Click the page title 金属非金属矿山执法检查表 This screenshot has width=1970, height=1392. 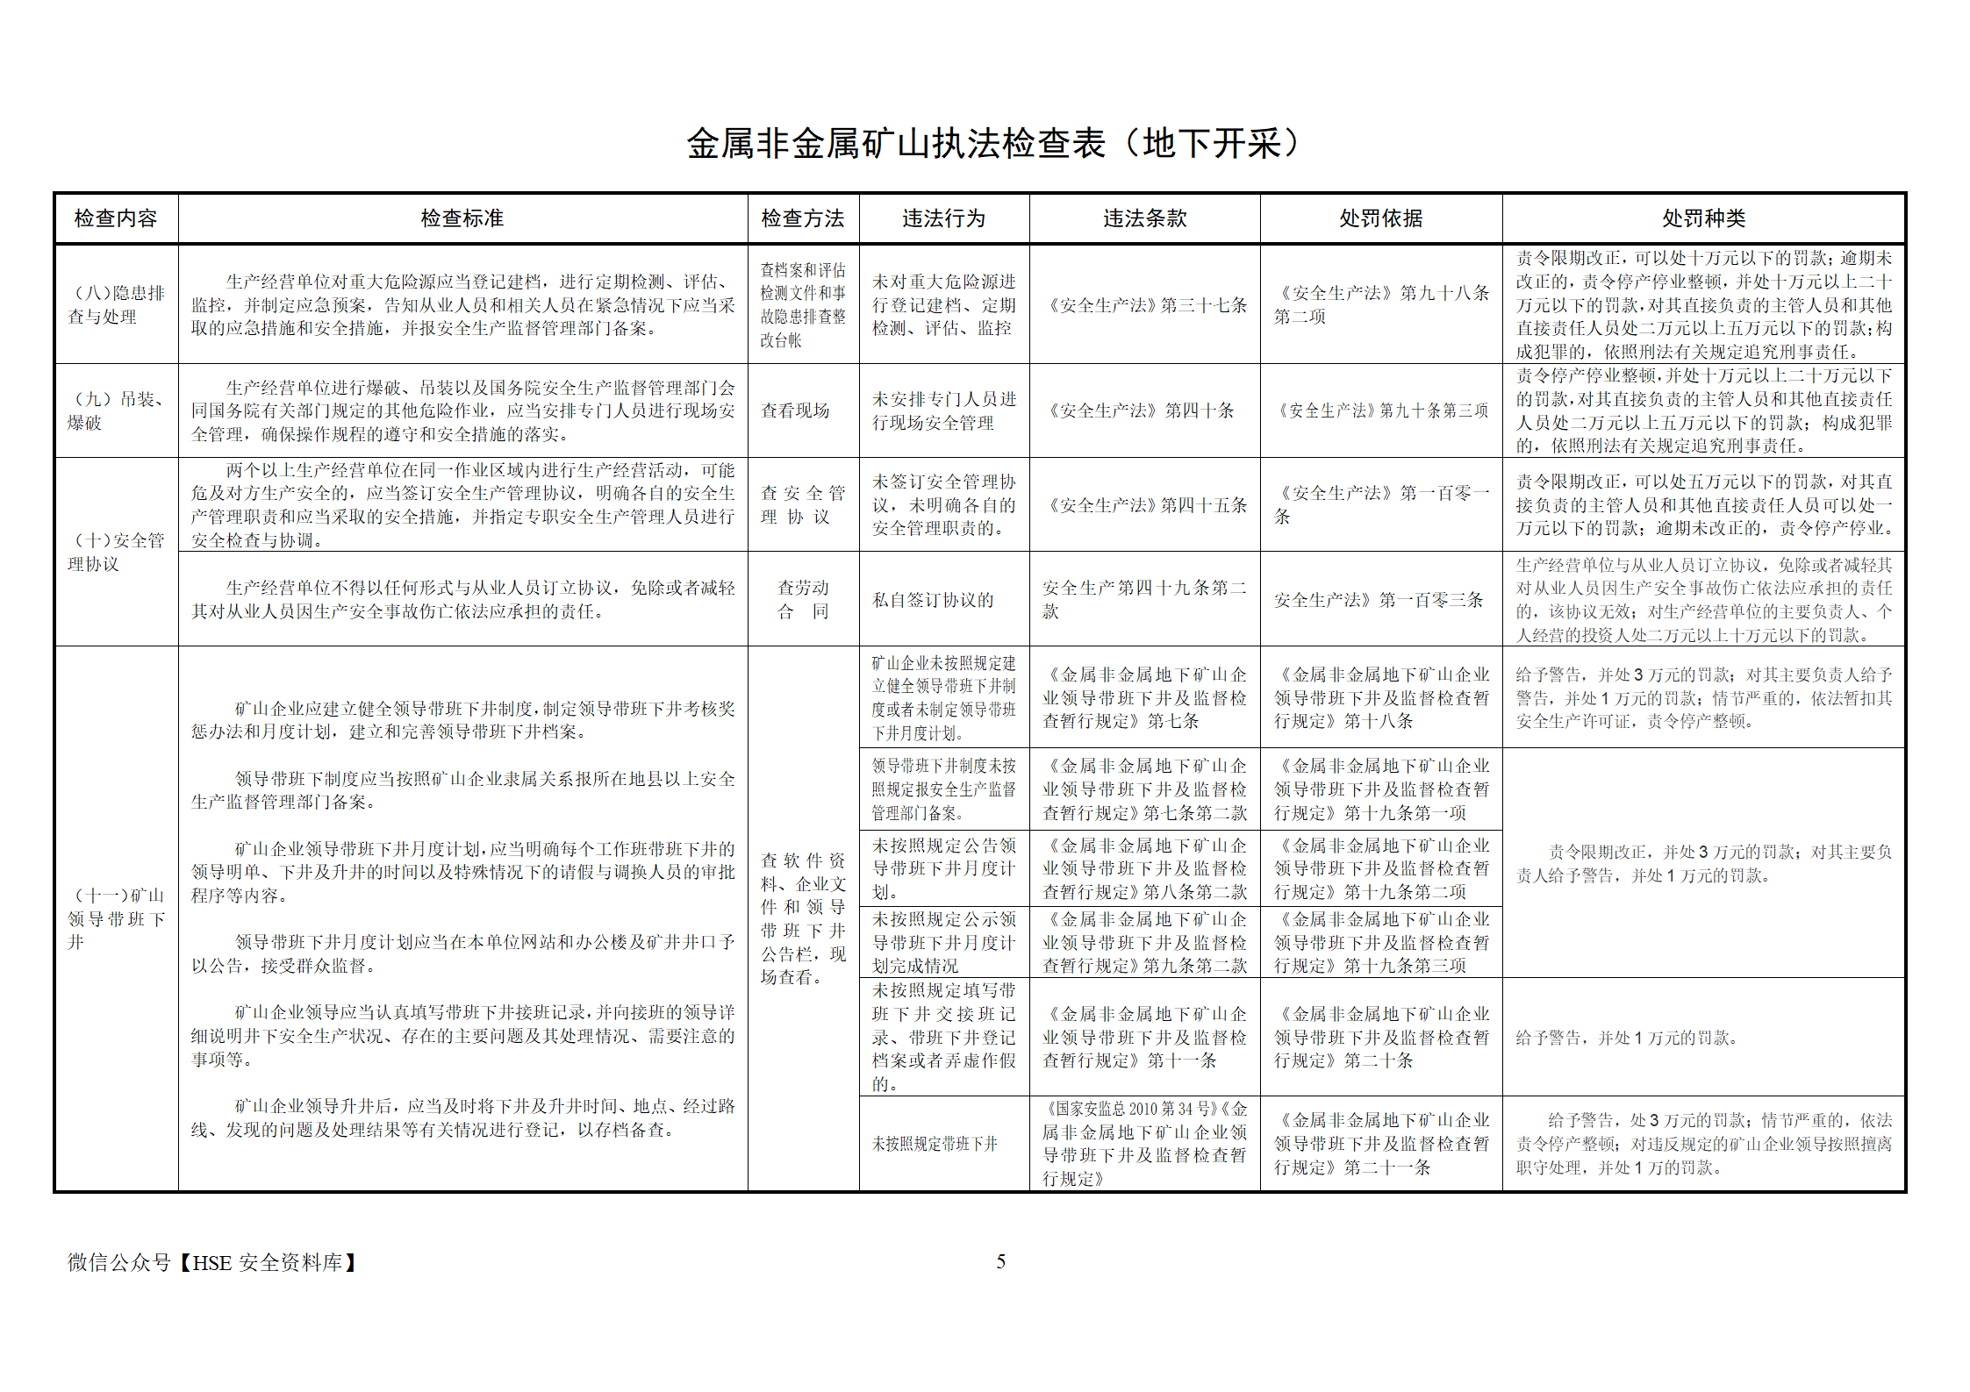coord(992,144)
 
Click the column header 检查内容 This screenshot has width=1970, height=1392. coord(116,218)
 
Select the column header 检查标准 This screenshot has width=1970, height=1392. coord(462,218)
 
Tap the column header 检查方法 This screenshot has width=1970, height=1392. coord(802,218)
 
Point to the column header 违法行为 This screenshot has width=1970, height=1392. coord(943,218)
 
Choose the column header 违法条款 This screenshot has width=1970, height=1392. coord(1144,218)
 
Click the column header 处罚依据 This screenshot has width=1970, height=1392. coord(1380,218)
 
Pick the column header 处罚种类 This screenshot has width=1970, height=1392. coord(1703,218)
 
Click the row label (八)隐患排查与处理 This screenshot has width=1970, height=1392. coord(116,304)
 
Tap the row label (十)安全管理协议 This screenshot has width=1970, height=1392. coord(116,552)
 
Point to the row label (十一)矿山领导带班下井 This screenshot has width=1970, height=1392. coord(116,918)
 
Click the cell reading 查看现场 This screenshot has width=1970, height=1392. coord(795,410)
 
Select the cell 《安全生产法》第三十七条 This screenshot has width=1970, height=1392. coord(1144,305)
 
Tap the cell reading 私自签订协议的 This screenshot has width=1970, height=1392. coord(933,600)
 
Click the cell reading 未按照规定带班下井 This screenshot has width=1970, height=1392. coord(935,1144)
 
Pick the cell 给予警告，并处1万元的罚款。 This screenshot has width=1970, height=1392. coord(1626,1038)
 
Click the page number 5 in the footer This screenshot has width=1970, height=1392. coord(1000,1261)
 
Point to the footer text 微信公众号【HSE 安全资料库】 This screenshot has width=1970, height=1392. coord(213,1262)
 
